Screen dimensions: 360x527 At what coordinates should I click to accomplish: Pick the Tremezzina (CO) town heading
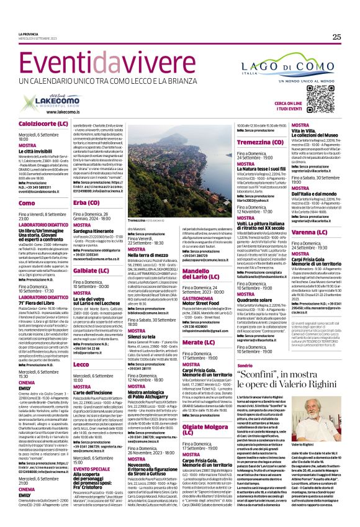(x=258, y=142)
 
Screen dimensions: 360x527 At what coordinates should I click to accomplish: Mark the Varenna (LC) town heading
(x=312, y=232)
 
